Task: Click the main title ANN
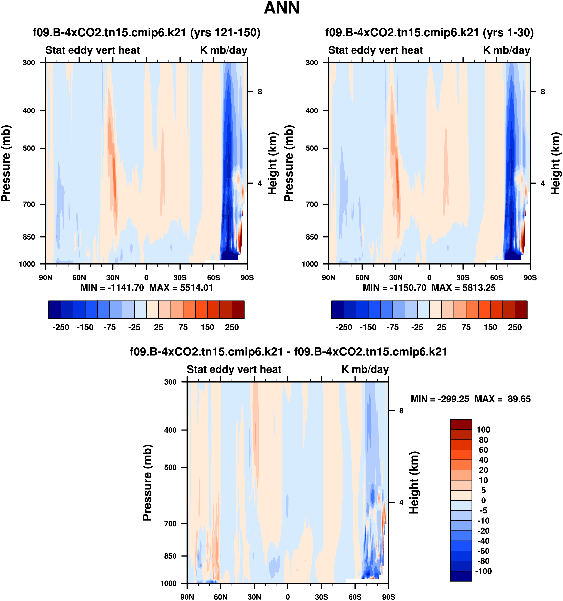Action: point(281,8)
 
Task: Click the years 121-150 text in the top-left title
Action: point(225,32)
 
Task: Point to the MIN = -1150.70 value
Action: point(394,288)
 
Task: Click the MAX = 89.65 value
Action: point(502,399)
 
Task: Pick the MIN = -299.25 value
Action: point(440,399)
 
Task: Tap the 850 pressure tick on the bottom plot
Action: point(170,556)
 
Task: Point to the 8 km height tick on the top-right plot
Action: point(543,92)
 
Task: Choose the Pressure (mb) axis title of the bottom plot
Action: point(147,483)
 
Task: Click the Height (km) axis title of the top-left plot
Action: point(273,163)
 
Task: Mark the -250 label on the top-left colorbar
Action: point(61,327)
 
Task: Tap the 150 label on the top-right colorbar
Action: point(490,327)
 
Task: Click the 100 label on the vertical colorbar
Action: point(483,430)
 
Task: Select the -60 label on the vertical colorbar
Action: point(483,551)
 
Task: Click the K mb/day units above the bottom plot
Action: point(365,369)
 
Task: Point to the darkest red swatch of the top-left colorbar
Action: point(238,309)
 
